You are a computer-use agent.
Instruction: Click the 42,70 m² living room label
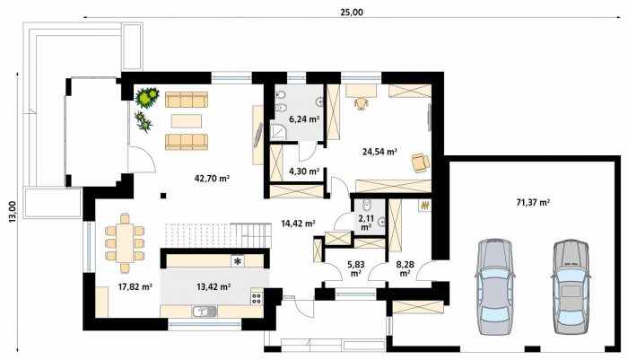click(212, 179)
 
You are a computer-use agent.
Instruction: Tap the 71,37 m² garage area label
click(533, 203)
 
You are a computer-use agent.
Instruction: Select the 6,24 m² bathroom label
click(304, 119)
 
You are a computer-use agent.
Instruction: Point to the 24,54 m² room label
click(379, 152)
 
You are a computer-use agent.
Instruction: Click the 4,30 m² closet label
click(304, 171)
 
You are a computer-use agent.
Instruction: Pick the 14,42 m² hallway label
click(298, 224)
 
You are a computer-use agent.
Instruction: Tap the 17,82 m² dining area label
click(135, 286)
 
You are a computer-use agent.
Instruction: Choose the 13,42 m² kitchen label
click(214, 286)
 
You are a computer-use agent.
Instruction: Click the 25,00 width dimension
click(352, 13)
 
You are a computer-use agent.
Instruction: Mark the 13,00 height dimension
click(13, 211)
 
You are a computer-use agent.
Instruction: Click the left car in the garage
click(493, 286)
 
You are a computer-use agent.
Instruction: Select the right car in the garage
click(571, 286)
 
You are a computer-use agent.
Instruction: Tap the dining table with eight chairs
click(125, 242)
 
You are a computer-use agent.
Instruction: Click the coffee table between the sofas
click(187, 120)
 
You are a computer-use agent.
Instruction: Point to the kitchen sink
click(205, 312)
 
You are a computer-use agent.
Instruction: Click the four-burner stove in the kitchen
click(257, 298)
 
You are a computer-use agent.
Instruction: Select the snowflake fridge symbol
click(238, 261)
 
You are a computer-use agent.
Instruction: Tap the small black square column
click(163, 196)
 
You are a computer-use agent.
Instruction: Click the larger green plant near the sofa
click(146, 97)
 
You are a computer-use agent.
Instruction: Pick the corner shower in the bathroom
click(277, 131)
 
